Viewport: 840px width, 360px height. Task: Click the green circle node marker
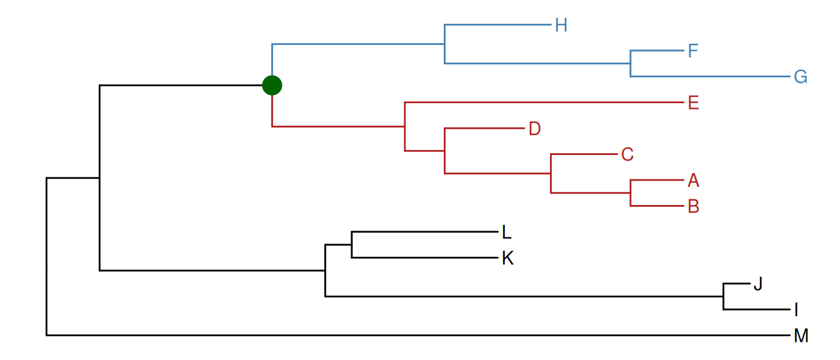(x=272, y=84)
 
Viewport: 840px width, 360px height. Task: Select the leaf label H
(x=561, y=26)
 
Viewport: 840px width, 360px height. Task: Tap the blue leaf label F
(x=692, y=51)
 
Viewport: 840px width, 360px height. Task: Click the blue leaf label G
(x=801, y=77)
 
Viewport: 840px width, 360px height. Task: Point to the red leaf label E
(x=693, y=102)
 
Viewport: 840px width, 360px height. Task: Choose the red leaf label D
(x=534, y=129)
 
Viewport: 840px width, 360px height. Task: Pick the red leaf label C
(x=627, y=154)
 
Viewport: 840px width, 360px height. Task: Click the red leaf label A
(x=693, y=181)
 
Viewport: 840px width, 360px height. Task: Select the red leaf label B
(x=693, y=206)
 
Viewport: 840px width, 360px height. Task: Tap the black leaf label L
(x=507, y=232)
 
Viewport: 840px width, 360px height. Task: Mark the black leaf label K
(x=507, y=258)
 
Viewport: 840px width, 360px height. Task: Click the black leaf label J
(x=758, y=284)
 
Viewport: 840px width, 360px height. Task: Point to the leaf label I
(x=796, y=309)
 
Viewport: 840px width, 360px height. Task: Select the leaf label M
(x=801, y=336)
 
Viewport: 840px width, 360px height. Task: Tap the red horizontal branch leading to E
(x=544, y=102)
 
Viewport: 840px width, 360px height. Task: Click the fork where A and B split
(x=630, y=193)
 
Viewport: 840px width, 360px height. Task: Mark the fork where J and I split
(x=723, y=296)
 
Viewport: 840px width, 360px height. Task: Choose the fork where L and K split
(x=352, y=244)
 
